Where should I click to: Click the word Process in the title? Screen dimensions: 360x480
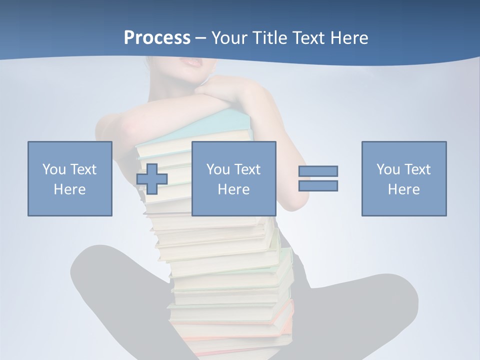157,38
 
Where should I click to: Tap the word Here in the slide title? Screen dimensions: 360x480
348,38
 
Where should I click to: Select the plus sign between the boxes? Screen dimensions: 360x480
152,178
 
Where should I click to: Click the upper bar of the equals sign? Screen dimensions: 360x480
318,171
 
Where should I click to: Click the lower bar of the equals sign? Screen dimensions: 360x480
318,185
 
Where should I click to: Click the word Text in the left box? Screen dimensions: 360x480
82,169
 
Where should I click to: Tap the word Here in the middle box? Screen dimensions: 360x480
233,189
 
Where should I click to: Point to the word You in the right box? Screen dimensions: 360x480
388,169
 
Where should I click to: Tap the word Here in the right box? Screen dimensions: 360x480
404,189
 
